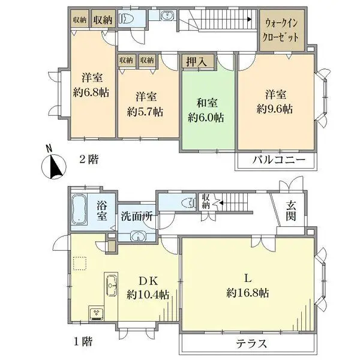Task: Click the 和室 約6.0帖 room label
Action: click(x=206, y=109)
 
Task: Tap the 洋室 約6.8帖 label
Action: click(x=92, y=85)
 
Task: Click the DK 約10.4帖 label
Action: click(x=148, y=288)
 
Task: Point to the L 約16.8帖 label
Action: click(x=247, y=286)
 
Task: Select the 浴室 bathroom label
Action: click(x=103, y=211)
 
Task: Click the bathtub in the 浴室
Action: click(x=80, y=210)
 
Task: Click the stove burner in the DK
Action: click(x=96, y=313)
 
